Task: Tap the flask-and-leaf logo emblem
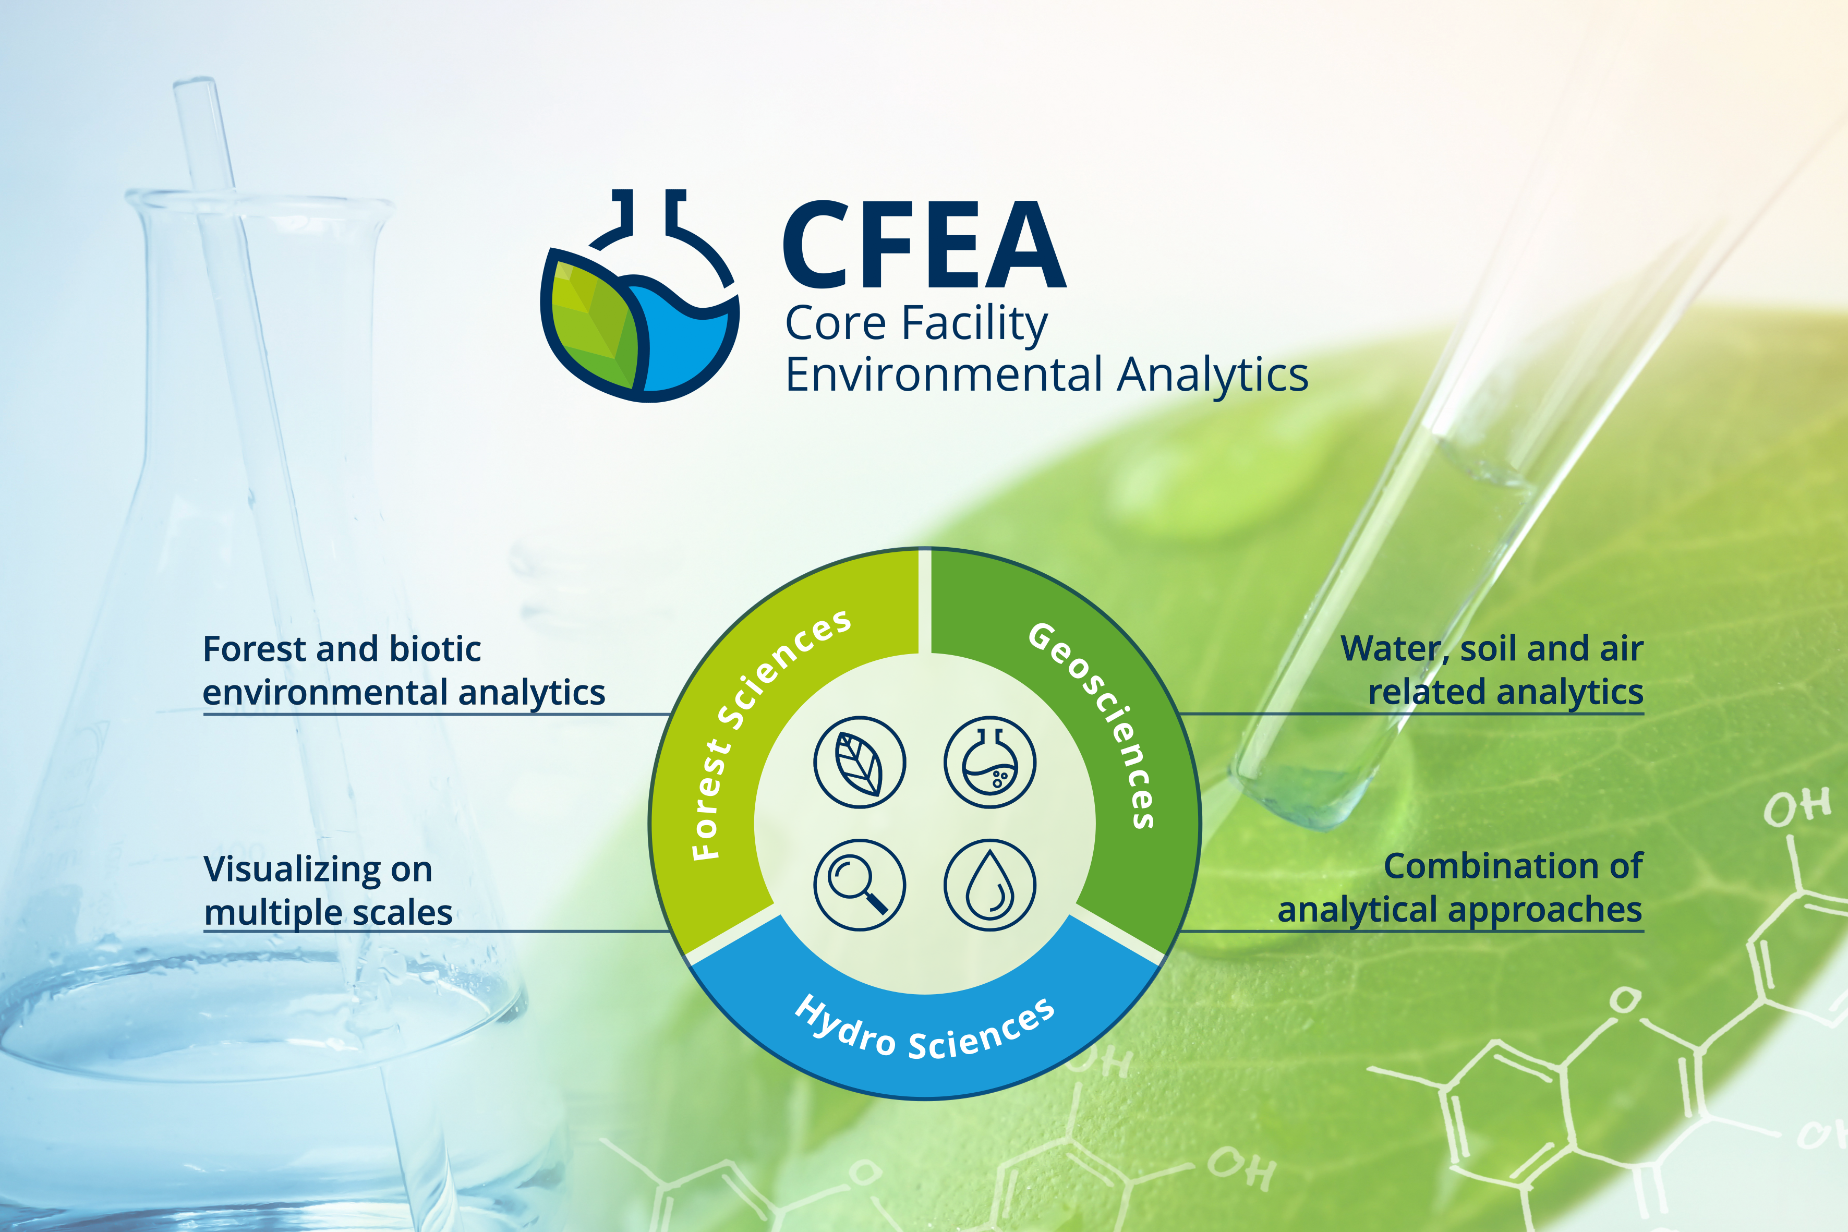click(x=639, y=295)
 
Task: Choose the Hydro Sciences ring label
click(x=924, y=1028)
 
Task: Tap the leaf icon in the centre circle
click(x=860, y=762)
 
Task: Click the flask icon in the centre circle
click(x=990, y=762)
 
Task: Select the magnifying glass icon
click(x=860, y=885)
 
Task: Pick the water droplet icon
click(x=990, y=885)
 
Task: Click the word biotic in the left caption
click(x=436, y=649)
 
